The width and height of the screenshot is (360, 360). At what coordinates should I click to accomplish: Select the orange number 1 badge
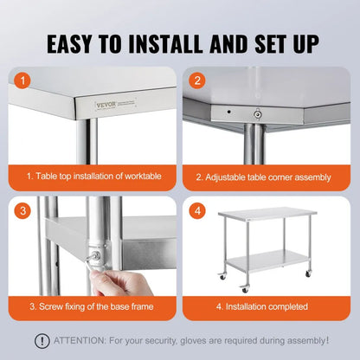point(24,80)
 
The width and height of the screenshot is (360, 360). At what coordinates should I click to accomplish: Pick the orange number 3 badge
point(24,210)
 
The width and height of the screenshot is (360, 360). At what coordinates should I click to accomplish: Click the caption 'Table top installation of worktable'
point(94,176)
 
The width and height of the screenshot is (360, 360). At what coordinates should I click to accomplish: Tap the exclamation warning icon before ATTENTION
point(42,340)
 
